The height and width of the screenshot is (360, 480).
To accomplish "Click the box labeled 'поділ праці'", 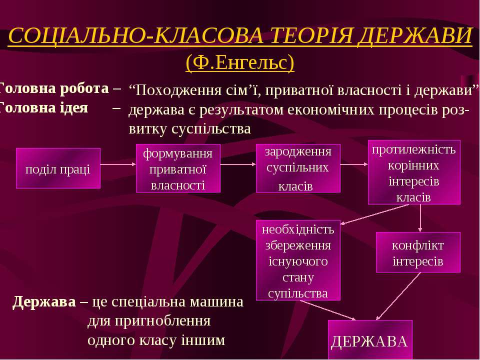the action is click(58, 168).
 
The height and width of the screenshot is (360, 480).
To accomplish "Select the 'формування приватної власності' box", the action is click(178, 168).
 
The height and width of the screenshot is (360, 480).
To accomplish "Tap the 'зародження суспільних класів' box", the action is click(298, 168).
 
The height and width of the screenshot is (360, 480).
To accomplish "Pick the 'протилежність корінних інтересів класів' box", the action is click(414, 172).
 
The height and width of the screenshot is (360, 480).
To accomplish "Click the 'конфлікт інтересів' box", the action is click(418, 252).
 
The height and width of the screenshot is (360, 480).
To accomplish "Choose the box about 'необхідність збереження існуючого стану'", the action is click(298, 260).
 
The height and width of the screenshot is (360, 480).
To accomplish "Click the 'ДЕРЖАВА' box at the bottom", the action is click(370, 340).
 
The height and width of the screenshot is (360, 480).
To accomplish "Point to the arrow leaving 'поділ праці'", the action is click(118, 164).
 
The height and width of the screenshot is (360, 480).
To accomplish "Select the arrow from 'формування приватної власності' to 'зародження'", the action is click(238, 164).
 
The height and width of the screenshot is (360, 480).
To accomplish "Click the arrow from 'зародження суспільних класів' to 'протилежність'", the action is click(354, 164).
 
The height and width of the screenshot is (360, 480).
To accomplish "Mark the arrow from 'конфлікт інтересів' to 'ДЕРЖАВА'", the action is click(398, 296).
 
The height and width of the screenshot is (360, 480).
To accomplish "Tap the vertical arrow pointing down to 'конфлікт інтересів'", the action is click(420, 218).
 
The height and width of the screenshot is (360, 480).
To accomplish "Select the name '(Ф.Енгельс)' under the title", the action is click(240, 63).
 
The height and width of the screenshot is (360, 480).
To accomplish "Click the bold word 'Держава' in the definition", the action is click(44, 302).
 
